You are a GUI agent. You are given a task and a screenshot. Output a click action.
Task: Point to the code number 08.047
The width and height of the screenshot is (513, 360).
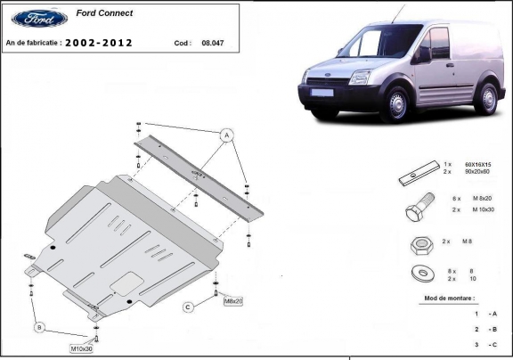[x=213, y=43]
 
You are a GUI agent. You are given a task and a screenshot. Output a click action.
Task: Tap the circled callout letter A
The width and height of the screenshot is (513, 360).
[x=226, y=135]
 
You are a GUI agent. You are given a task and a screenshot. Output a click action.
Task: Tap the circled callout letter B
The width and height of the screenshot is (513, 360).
[x=39, y=328]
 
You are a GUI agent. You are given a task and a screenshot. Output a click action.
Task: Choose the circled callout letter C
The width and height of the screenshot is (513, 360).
[x=189, y=307]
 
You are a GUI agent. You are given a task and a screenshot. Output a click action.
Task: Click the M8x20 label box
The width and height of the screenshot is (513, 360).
[x=232, y=301]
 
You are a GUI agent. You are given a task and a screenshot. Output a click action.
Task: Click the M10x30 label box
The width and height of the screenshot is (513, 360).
[x=83, y=348]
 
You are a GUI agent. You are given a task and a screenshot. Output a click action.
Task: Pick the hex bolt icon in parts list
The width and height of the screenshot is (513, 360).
[x=417, y=213]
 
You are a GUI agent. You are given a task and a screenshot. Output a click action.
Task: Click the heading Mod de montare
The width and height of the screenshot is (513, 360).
[x=450, y=297]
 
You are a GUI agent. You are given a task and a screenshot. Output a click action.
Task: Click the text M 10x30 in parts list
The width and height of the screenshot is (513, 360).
[x=482, y=209]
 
